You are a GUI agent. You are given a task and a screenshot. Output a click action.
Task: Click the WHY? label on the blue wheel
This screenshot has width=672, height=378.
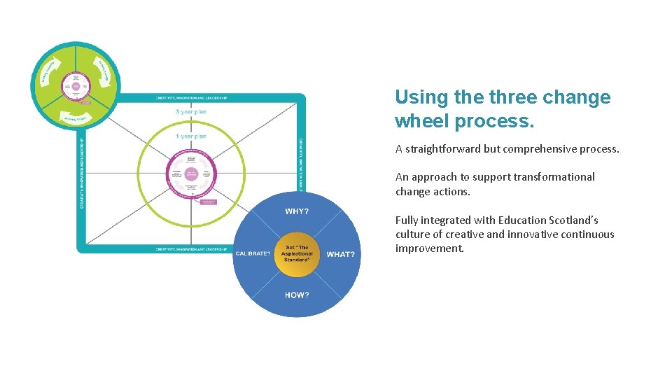(x=297, y=211)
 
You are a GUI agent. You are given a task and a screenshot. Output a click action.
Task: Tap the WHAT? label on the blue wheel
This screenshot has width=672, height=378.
(x=341, y=254)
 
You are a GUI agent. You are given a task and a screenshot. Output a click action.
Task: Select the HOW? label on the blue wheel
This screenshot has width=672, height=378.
(x=297, y=295)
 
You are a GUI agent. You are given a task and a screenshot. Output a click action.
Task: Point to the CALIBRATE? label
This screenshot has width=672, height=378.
(x=253, y=253)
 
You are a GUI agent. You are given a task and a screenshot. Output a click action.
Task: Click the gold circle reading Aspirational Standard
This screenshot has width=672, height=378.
(x=297, y=253)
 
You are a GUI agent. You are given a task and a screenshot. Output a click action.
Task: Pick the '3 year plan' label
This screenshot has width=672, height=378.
(x=190, y=112)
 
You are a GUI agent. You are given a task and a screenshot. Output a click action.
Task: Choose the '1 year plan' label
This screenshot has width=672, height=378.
(x=190, y=136)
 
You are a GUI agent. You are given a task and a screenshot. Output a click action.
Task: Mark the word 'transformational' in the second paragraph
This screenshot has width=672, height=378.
(x=554, y=177)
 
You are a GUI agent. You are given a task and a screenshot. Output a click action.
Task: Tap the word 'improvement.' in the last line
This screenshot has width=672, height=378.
(x=429, y=248)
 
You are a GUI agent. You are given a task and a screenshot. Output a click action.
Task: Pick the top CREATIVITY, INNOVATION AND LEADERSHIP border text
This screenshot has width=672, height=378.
(x=190, y=98)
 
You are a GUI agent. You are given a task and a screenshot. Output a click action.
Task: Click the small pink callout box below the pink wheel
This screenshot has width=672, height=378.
(x=209, y=202)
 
